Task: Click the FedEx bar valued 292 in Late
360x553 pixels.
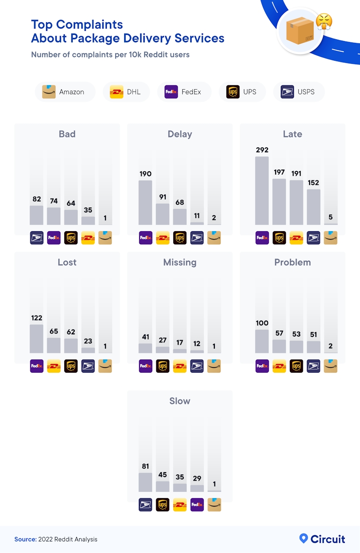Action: click(x=262, y=191)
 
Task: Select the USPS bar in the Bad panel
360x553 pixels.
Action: click(x=37, y=215)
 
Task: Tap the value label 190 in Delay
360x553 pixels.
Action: click(x=145, y=174)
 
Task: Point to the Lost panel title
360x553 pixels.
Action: click(x=67, y=262)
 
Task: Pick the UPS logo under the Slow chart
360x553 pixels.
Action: click(x=163, y=505)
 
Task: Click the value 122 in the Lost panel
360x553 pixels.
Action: click(x=37, y=318)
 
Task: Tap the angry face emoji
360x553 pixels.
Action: click(x=324, y=21)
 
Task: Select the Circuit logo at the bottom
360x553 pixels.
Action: click(x=322, y=539)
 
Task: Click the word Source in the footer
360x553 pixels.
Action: click(x=25, y=539)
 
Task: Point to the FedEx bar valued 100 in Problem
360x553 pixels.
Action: click(x=262, y=341)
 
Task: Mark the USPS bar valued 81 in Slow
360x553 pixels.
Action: click(x=145, y=482)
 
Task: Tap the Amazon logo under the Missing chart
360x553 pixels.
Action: click(x=214, y=366)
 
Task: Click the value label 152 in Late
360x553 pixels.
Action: click(x=314, y=183)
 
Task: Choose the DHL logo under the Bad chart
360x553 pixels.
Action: click(x=88, y=238)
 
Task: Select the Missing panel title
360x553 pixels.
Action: click(x=180, y=262)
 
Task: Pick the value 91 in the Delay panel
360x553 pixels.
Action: click(x=163, y=197)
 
